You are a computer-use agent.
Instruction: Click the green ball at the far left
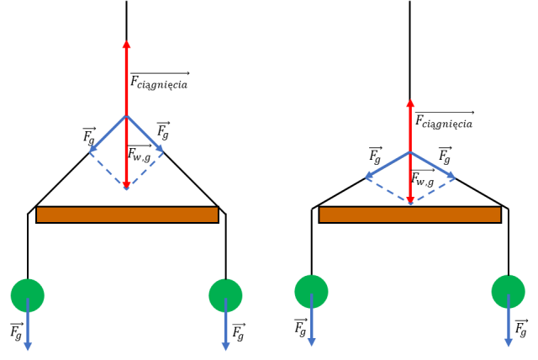click(27, 294)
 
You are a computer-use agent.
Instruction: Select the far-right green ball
click(509, 292)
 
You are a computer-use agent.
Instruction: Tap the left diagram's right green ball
click(225, 295)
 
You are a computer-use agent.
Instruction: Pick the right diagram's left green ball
click(311, 291)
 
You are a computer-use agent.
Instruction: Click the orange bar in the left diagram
click(127, 214)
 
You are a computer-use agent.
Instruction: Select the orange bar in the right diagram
click(409, 214)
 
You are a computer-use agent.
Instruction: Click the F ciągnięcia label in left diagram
click(159, 82)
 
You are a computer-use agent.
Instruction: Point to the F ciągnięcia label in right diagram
click(443, 121)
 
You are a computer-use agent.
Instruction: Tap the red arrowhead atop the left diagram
click(126, 45)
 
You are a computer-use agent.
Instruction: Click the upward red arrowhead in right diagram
click(410, 102)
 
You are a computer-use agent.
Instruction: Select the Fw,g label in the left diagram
click(140, 153)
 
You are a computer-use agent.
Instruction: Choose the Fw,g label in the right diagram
click(423, 178)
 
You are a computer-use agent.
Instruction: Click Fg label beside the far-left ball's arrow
click(16, 331)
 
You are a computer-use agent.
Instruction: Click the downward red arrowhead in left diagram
click(126, 183)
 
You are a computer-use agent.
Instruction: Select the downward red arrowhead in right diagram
click(410, 199)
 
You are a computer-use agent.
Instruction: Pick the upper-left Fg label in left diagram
click(89, 135)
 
